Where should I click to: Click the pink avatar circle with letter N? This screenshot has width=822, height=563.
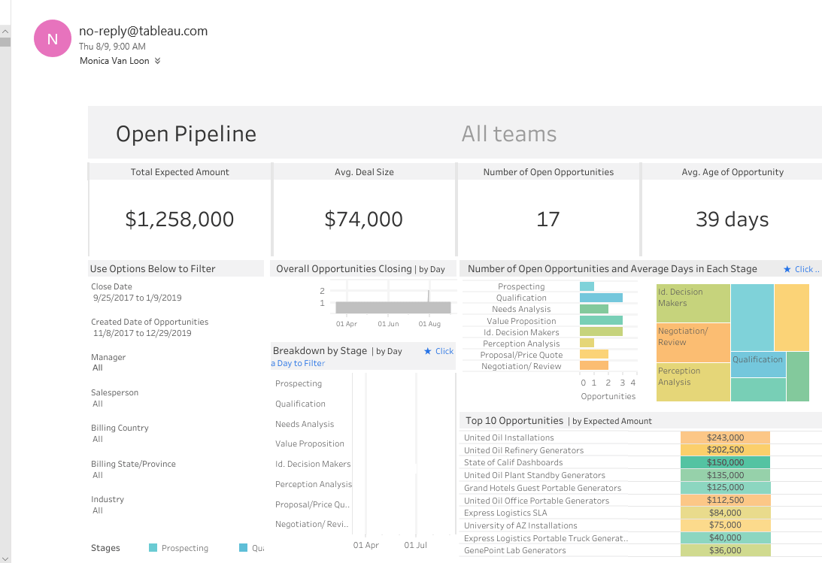point(53,39)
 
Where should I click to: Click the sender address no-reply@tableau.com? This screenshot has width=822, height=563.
point(143,31)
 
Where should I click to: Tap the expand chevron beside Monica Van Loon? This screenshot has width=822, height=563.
point(157,61)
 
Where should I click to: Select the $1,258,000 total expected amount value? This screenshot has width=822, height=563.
point(179,219)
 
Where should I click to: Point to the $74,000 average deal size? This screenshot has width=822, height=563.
point(363,219)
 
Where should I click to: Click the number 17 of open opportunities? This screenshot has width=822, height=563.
point(547,219)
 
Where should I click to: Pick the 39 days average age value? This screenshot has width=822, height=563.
point(732,219)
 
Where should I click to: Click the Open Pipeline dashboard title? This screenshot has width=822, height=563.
point(186,134)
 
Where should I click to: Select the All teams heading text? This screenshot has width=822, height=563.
point(509,134)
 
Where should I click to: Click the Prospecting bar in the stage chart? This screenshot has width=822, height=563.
point(587,286)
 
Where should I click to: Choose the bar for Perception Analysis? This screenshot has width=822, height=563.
point(587,344)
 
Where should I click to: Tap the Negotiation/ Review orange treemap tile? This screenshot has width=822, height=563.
point(693,342)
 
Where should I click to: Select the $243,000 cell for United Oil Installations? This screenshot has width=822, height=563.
point(725,437)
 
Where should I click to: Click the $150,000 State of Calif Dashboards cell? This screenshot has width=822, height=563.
point(725,463)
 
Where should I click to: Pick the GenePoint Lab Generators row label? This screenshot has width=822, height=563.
point(514,551)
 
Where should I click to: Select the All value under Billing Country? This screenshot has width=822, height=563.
point(98,439)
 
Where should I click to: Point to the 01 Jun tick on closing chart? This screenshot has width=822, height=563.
point(388,324)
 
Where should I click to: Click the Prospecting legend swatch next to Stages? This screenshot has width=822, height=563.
point(153,548)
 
